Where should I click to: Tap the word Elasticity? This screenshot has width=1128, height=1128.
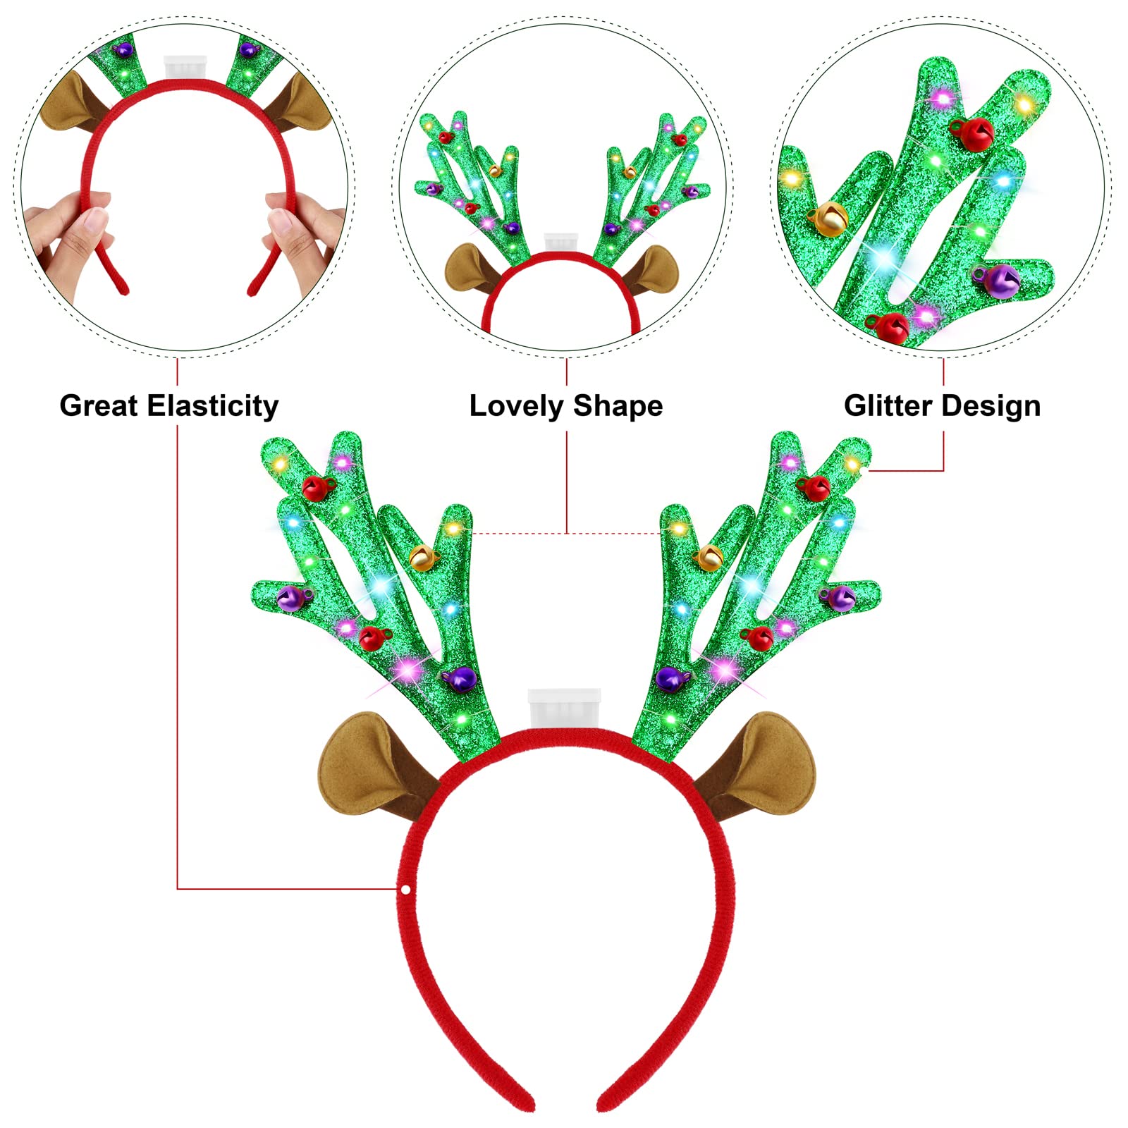214,407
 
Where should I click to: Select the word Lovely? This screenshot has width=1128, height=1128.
517,407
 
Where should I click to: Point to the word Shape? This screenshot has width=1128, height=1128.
618,407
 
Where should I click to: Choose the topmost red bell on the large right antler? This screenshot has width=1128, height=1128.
815,487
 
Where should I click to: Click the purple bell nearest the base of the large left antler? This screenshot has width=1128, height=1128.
459,678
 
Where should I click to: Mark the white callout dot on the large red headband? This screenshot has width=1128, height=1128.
406,890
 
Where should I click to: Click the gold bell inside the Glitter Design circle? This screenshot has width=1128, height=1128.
829,219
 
